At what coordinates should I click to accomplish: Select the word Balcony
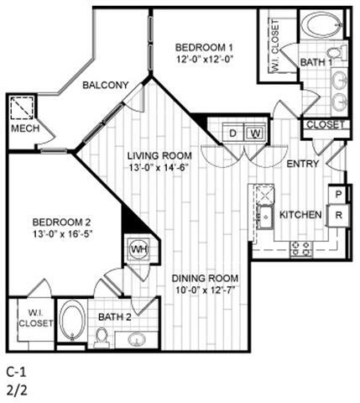coord(105,85)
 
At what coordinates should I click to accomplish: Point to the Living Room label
coord(159,156)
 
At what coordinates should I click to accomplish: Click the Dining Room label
coord(206,279)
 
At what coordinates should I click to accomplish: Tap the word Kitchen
coord(300,215)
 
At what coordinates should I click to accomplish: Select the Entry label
coord(302,164)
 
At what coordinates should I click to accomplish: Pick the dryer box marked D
coord(233,133)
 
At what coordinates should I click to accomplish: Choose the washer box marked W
coord(255,133)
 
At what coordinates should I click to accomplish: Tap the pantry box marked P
coord(339,195)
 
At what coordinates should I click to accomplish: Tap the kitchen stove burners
coord(300,249)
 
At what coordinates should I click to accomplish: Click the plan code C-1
coord(16,370)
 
